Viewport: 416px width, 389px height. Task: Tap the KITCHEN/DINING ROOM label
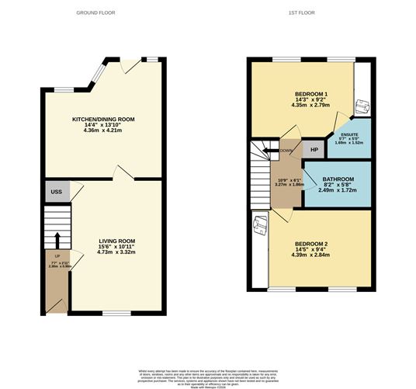[x=103, y=120]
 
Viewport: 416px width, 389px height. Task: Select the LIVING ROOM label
[x=116, y=241]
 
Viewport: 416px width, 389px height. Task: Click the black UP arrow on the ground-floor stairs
[x=57, y=237]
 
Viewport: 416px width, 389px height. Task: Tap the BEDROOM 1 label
[x=310, y=93]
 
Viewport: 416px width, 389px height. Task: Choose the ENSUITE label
[x=349, y=134]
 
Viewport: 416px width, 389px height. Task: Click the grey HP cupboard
[x=314, y=149]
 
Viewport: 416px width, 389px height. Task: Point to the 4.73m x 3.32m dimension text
[x=116, y=252]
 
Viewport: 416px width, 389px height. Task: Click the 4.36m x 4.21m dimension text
[x=103, y=130]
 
